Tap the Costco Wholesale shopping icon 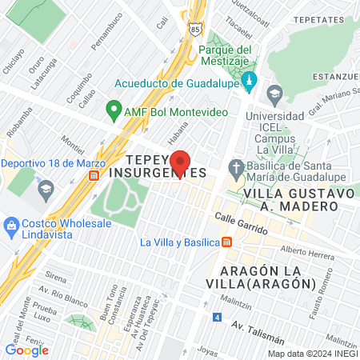[x=11, y=223]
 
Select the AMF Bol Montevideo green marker [x=114, y=110]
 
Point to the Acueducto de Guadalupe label [x=175, y=82]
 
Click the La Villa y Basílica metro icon [x=228, y=242]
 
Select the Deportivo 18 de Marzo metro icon [x=94, y=174]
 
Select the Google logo [x=26, y=350]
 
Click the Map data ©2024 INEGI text [x=311, y=354]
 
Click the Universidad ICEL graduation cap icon [x=274, y=94]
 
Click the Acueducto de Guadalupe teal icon [x=249, y=82]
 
